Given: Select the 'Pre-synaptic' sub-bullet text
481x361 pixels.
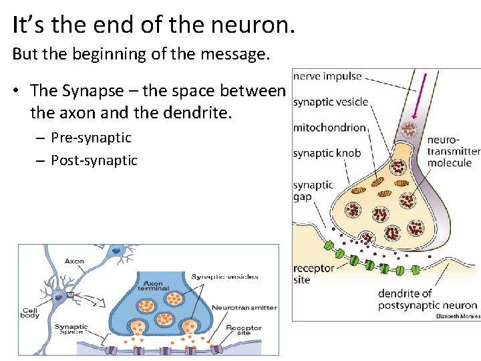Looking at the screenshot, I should point(91,138).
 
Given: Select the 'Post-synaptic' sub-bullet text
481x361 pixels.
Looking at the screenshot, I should point(94,160).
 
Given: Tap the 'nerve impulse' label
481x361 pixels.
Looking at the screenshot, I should point(327,76).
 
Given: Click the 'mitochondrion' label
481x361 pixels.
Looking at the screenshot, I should point(329,128).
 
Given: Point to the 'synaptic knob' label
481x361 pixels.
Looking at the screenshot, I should point(327,153).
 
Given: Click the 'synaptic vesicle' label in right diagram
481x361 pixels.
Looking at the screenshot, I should point(330,102).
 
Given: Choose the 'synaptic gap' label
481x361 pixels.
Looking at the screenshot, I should point(313,191).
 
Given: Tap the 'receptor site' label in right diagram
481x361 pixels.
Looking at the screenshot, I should point(313,274).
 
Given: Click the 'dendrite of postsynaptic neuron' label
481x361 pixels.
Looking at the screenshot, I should point(428,299).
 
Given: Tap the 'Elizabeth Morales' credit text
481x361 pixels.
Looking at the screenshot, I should point(458,316).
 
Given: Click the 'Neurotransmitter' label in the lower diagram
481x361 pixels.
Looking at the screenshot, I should point(244,308).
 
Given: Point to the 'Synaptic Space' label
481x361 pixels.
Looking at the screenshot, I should point(71,329).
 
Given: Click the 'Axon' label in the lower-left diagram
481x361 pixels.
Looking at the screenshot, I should point(74,261).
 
